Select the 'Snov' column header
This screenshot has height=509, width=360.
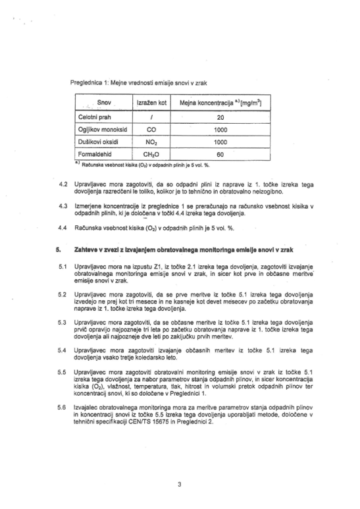click(x=105, y=103)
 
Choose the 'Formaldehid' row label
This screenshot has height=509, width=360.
click(x=96, y=153)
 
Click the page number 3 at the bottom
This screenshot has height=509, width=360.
click(x=179, y=485)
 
